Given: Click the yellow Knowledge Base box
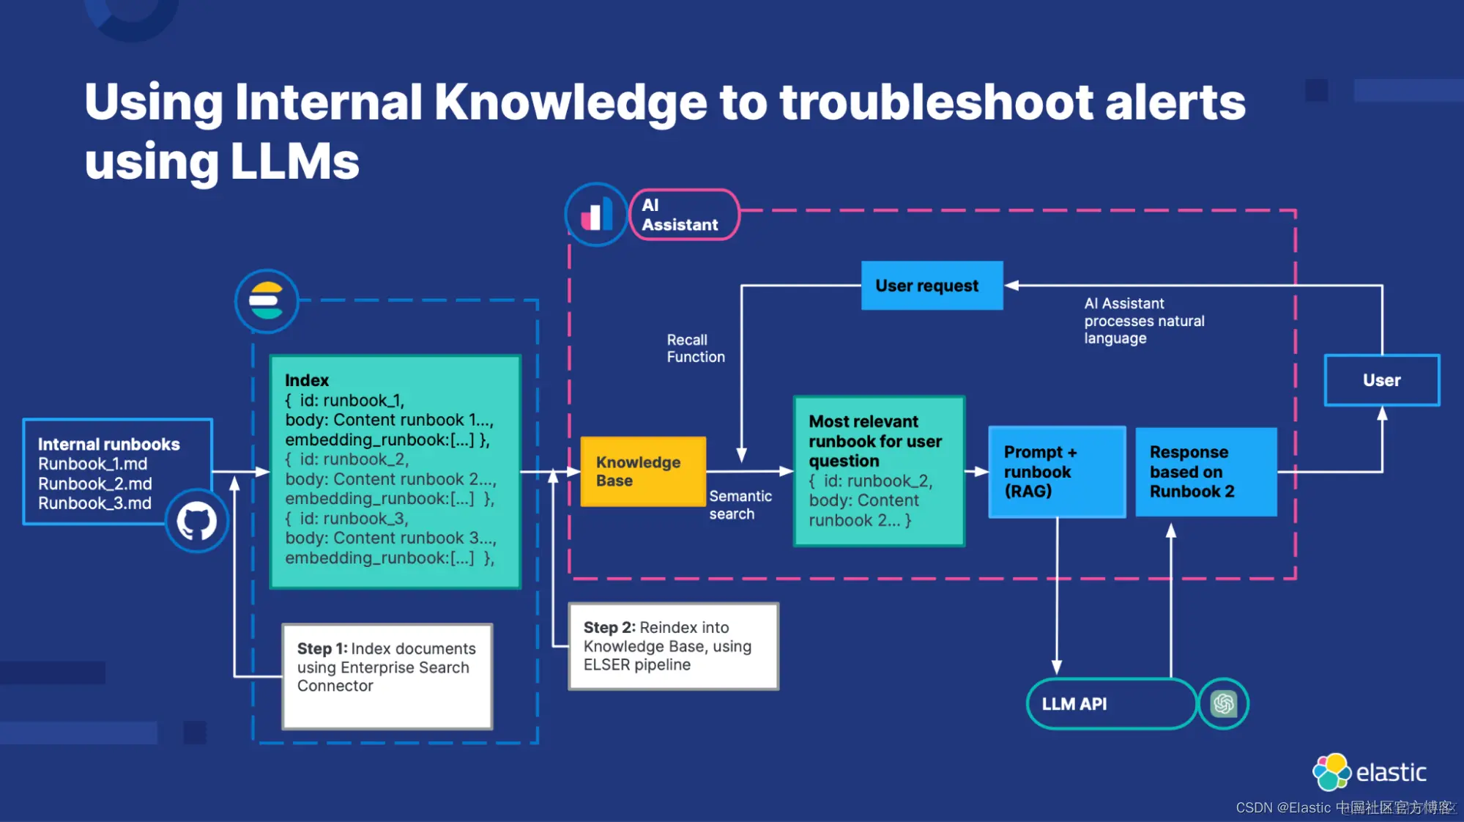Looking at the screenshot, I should (642, 472).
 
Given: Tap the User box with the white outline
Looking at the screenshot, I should (1381, 380).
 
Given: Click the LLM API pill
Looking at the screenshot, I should (1110, 704).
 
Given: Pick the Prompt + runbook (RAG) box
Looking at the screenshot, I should (1056, 472).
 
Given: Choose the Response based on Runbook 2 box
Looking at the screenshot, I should (1205, 472).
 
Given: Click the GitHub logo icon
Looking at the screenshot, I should (196, 522).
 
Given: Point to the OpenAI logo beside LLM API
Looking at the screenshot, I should (1223, 704).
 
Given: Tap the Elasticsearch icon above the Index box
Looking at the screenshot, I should (267, 301).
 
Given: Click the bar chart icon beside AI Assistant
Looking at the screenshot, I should (597, 215).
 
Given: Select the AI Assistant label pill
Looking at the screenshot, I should (684, 215).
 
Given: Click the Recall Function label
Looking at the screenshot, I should (695, 349).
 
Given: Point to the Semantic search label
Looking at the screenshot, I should (740, 505).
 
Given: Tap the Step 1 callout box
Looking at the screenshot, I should (387, 675).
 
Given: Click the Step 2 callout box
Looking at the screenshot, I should (673, 646).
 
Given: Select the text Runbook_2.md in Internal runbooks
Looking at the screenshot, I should (95, 484).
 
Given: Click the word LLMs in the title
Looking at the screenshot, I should (294, 161).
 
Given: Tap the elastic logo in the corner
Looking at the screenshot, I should (1370, 772).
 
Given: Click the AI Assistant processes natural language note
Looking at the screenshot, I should (1144, 321).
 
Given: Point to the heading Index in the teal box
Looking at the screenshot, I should (307, 380).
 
